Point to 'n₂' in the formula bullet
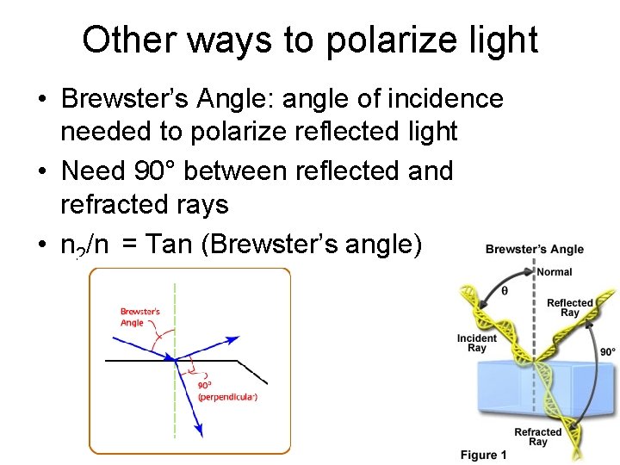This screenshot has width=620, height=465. [x=71, y=246]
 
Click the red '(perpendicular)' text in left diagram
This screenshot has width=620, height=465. [x=227, y=397]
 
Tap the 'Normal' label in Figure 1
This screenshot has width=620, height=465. [x=554, y=272]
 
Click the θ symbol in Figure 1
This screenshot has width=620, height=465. [x=505, y=290]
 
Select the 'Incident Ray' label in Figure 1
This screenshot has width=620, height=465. [x=477, y=343]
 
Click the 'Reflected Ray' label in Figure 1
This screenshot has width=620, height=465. [x=570, y=307]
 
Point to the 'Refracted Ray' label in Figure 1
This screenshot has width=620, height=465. [x=537, y=437]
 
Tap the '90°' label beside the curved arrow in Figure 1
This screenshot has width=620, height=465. [x=608, y=351]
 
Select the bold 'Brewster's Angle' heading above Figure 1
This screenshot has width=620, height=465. [x=534, y=250]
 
